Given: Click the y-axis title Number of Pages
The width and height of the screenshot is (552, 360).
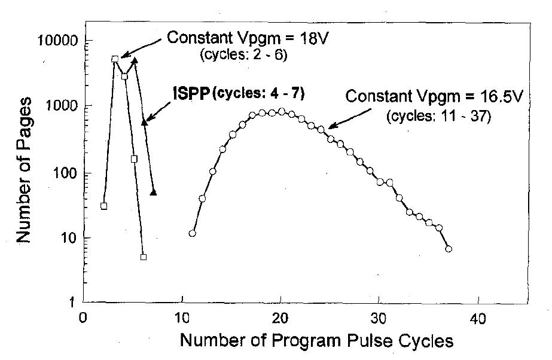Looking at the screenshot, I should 23,171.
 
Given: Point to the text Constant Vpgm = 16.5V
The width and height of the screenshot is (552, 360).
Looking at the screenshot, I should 434,96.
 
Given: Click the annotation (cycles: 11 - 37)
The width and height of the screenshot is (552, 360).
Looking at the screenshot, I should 439,116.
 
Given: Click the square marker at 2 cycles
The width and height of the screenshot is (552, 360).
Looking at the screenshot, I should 103,206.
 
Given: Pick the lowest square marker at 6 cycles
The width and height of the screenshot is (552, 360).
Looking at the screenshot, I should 144,257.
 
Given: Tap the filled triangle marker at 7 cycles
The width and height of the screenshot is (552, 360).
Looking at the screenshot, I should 154,192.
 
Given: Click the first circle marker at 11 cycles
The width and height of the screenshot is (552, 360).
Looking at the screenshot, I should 192,233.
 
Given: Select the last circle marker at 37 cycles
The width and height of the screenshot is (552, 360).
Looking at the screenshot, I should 449,249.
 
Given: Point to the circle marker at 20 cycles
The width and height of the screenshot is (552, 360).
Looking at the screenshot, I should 281,111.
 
